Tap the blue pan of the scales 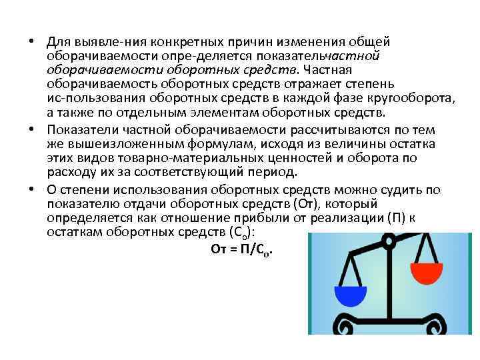tap(350, 295)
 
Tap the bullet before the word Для tap(32, 41)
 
